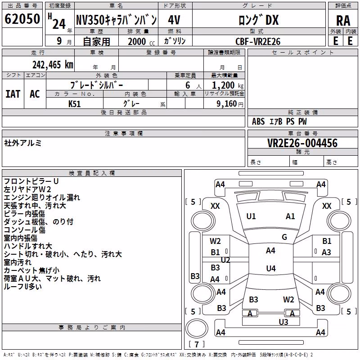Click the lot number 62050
coord(22,19)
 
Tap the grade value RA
coord(343,21)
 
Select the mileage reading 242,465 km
coord(53,65)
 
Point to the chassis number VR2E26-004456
coord(302,143)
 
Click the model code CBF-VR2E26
coord(258,41)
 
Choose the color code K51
coord(74,104)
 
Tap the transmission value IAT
coord(13,94)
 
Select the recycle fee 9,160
coord(226,104)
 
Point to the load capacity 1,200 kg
coord(227,85)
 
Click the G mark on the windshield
coord(284,237)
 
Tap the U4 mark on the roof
coord(271,268)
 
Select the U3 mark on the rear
coord(283,322)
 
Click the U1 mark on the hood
coord(251,216)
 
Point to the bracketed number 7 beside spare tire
coord(197,344)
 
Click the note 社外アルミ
coord(23,143)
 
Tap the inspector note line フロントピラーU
coord(31,181)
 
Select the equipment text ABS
coord(258,121)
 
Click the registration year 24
coord(59,24)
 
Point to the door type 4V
coord(174,20)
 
